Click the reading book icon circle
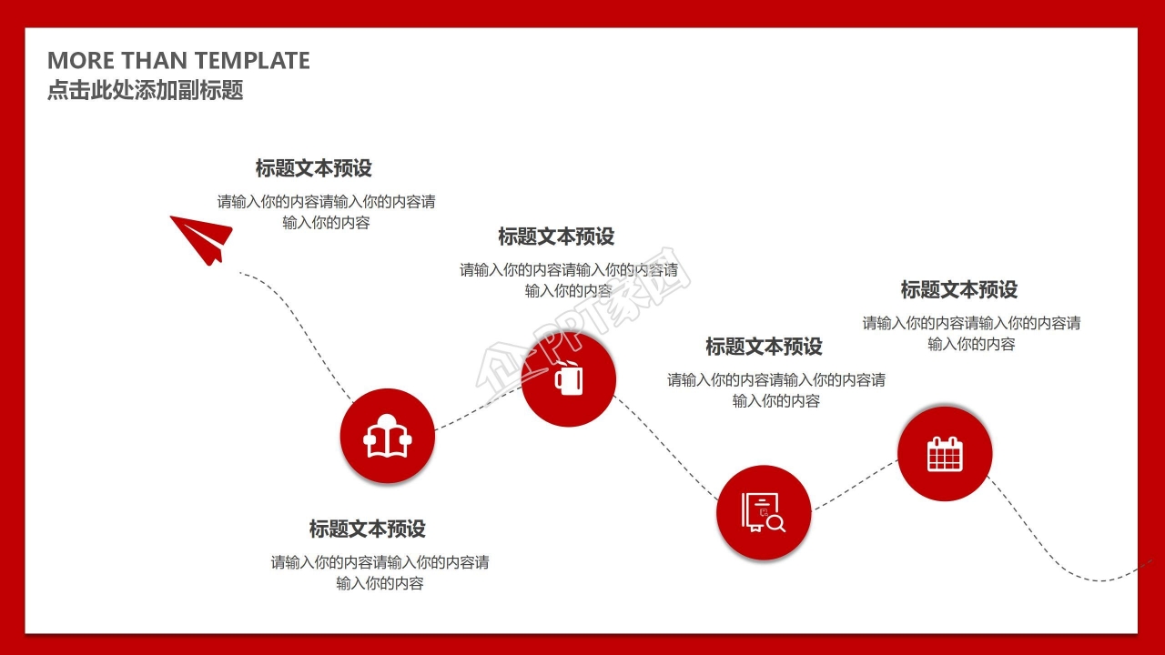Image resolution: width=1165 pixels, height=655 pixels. pyautogui.click(x=387, y=438)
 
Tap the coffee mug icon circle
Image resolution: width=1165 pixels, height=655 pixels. pyautogui.click(x=569, y=378)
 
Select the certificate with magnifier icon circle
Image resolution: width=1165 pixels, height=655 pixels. pyautogui.click(x=763, y=512)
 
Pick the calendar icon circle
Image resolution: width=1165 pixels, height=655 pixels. pyautogui.click(x=945, y=453)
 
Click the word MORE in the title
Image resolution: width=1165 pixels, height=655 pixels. pyautogui.click(x=80, y=61)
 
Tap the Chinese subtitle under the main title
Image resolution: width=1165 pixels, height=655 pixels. pyautogui.click(x=146, y=91)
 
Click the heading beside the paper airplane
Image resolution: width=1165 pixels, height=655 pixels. pyautogui.click(x=313, y=168)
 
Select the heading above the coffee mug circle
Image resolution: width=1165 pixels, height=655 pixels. pyautogui.click(x=556, y=237)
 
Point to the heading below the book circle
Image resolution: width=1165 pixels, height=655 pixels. pyautogui.click(x=367, y=529)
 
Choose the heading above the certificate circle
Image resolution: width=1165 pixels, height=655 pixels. pyautogui.click(x=764, y=347)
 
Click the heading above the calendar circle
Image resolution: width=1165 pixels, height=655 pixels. pyautogui.click(x=959, y=290)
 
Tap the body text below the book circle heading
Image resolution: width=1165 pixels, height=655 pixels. pyautogui.click(x=380, y=572)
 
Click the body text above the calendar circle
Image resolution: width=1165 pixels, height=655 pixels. pyautogui.click(x=971, y=333)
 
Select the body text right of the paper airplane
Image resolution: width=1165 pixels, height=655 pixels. pyautogui.click(x=326, y=212)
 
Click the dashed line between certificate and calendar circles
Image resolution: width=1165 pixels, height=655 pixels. pyautogui.click(x=854, y=484)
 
